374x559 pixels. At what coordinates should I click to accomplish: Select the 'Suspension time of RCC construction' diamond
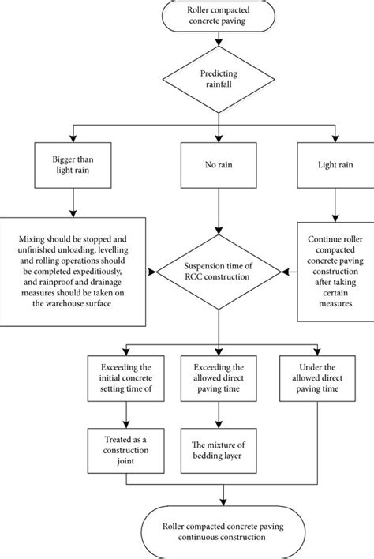click(210, 270)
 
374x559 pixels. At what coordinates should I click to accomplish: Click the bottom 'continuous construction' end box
click(226, 531)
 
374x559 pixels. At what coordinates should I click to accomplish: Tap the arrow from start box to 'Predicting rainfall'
click(210, 46)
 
